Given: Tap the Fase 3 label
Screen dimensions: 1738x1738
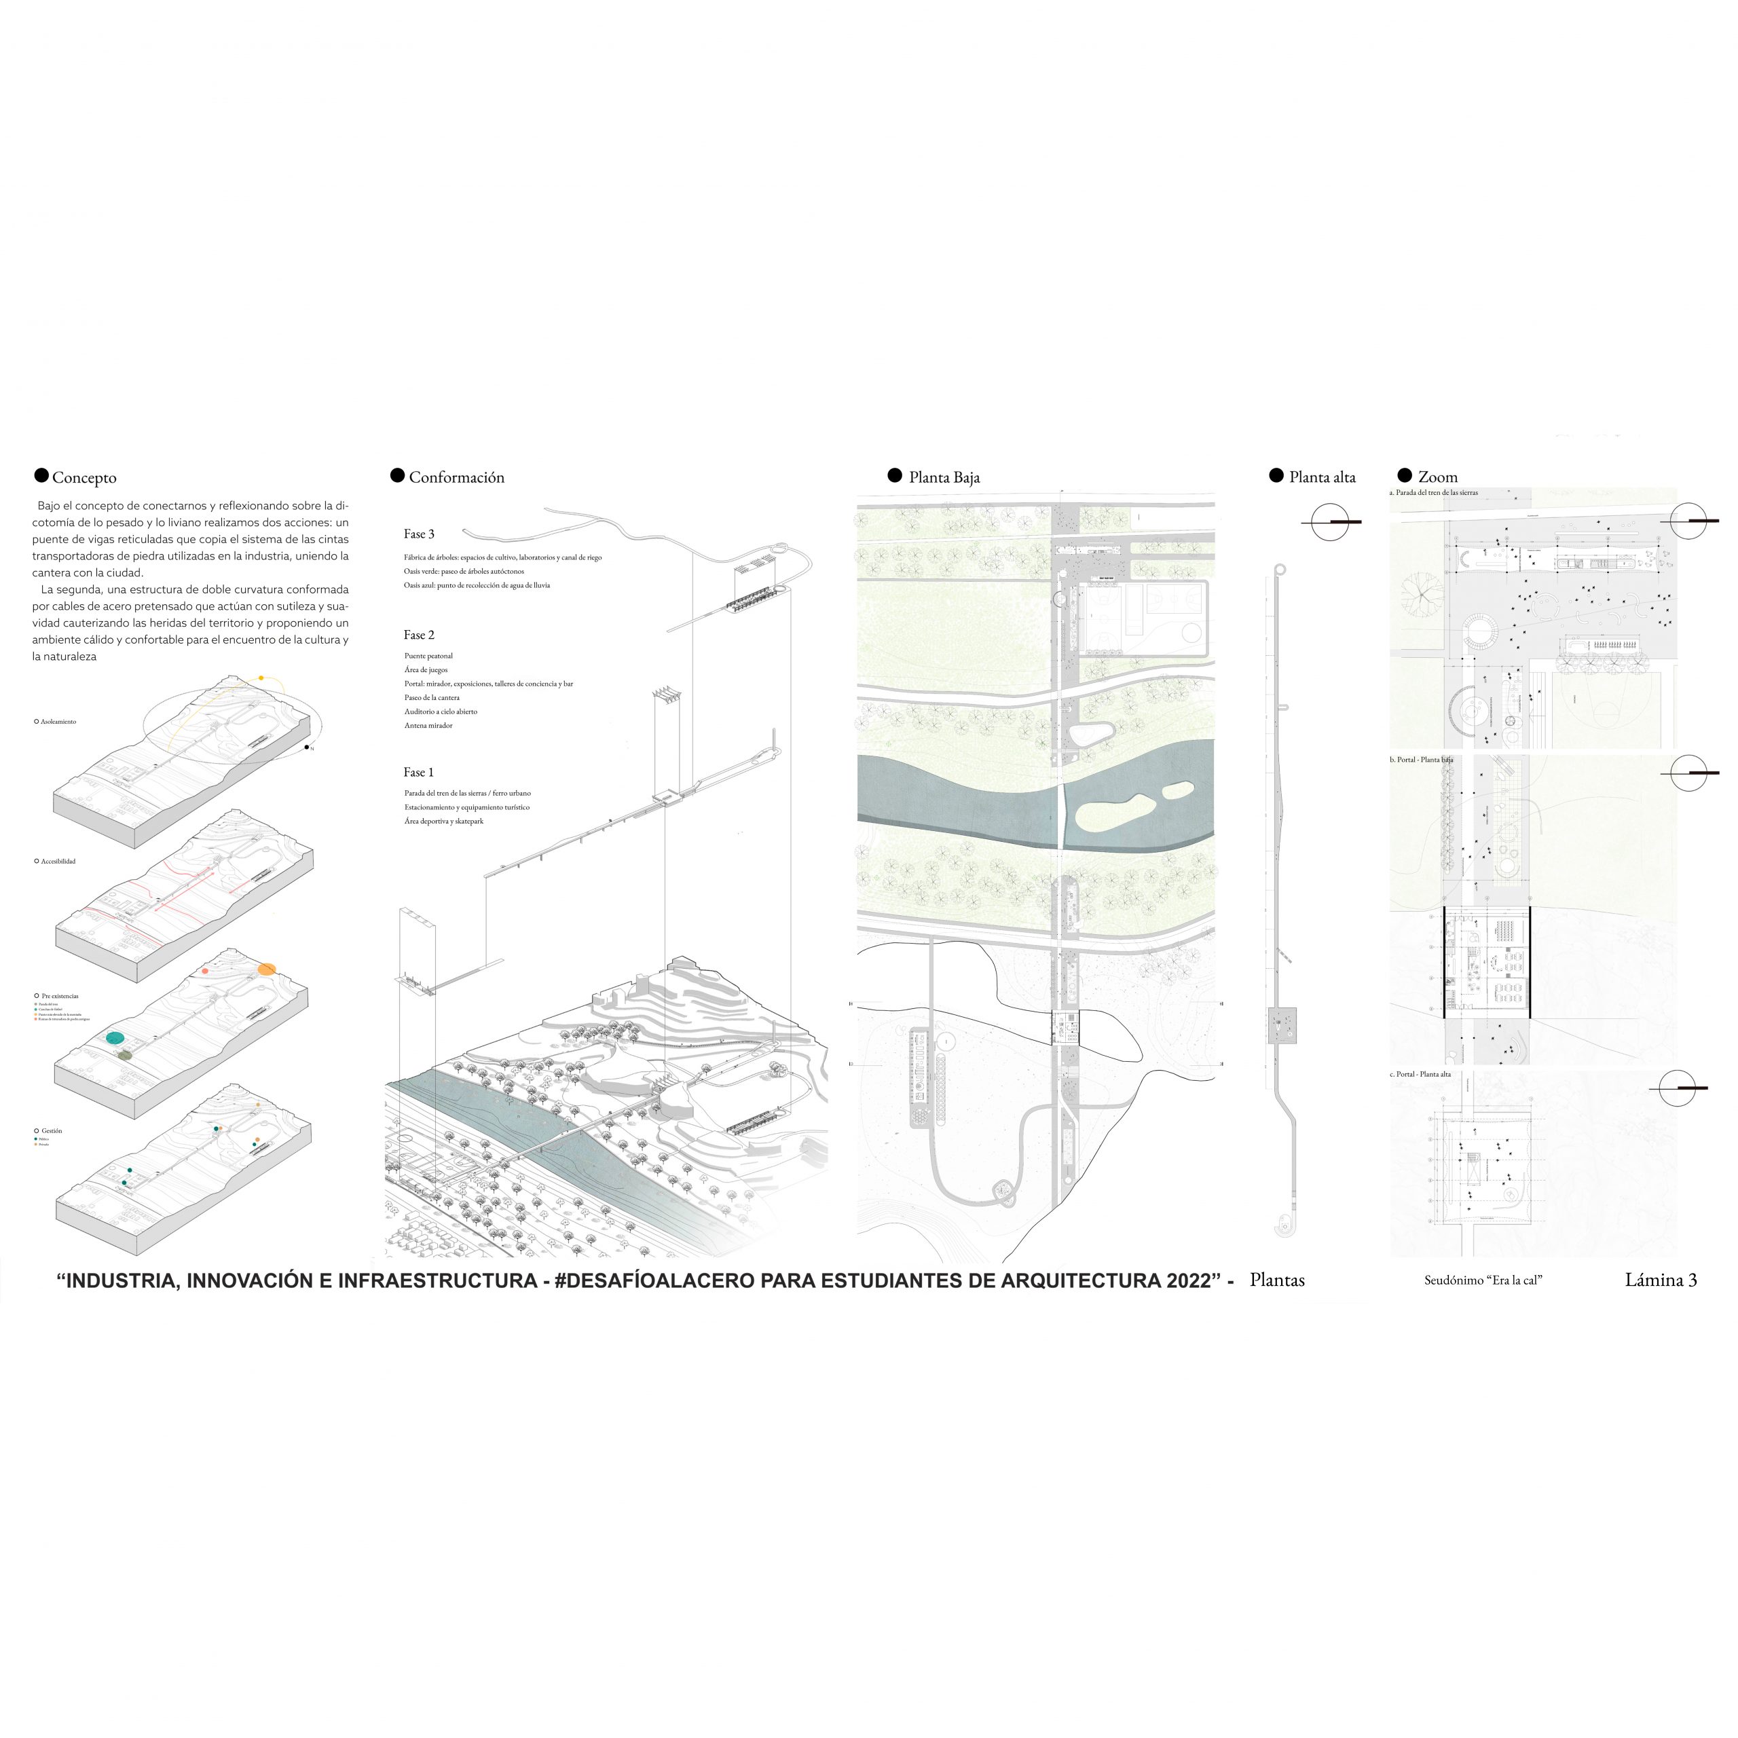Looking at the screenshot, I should (x=418, y=534).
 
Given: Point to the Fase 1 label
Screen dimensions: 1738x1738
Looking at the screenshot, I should (x=418, y=772).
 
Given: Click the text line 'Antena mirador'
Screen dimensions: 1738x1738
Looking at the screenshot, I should (x=428, y=725).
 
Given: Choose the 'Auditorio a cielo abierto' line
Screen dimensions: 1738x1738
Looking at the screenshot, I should (x=441, y=711).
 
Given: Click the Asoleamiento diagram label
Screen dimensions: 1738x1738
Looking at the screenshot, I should (x=58, y=722).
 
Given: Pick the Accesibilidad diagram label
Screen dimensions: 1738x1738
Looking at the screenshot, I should (x=58, y=861).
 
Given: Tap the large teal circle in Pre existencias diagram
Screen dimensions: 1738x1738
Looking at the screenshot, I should (x=115, y=1038).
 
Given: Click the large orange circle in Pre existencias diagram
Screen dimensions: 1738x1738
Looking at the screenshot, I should (x=266, y=969).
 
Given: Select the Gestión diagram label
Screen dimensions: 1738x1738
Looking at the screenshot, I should (x=52, y=1131).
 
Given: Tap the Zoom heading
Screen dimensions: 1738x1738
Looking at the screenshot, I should (x=1437, y=477).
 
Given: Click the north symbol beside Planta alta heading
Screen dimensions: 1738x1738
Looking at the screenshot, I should (x=1331, y=522).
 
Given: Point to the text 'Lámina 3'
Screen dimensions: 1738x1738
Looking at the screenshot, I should (x=1661, y=1280).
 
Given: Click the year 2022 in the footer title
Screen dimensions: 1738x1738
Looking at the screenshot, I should (x=1187, y=1281).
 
